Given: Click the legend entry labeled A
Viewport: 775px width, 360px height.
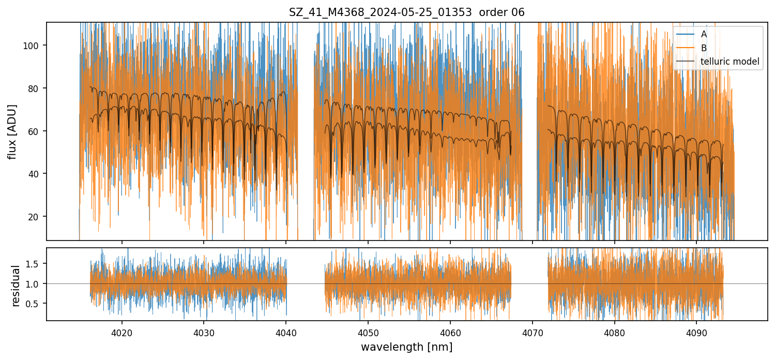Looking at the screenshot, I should tap(704, 34).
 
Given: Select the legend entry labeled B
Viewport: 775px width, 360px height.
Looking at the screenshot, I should tap(704, 48).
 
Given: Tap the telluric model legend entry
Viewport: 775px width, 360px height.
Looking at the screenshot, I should tap(730, 62).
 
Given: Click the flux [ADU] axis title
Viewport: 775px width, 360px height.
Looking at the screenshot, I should tap(12, 131).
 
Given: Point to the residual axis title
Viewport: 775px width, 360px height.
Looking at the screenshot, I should tap(16, 286).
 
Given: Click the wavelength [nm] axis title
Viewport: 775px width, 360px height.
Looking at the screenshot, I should tap(406, 347).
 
